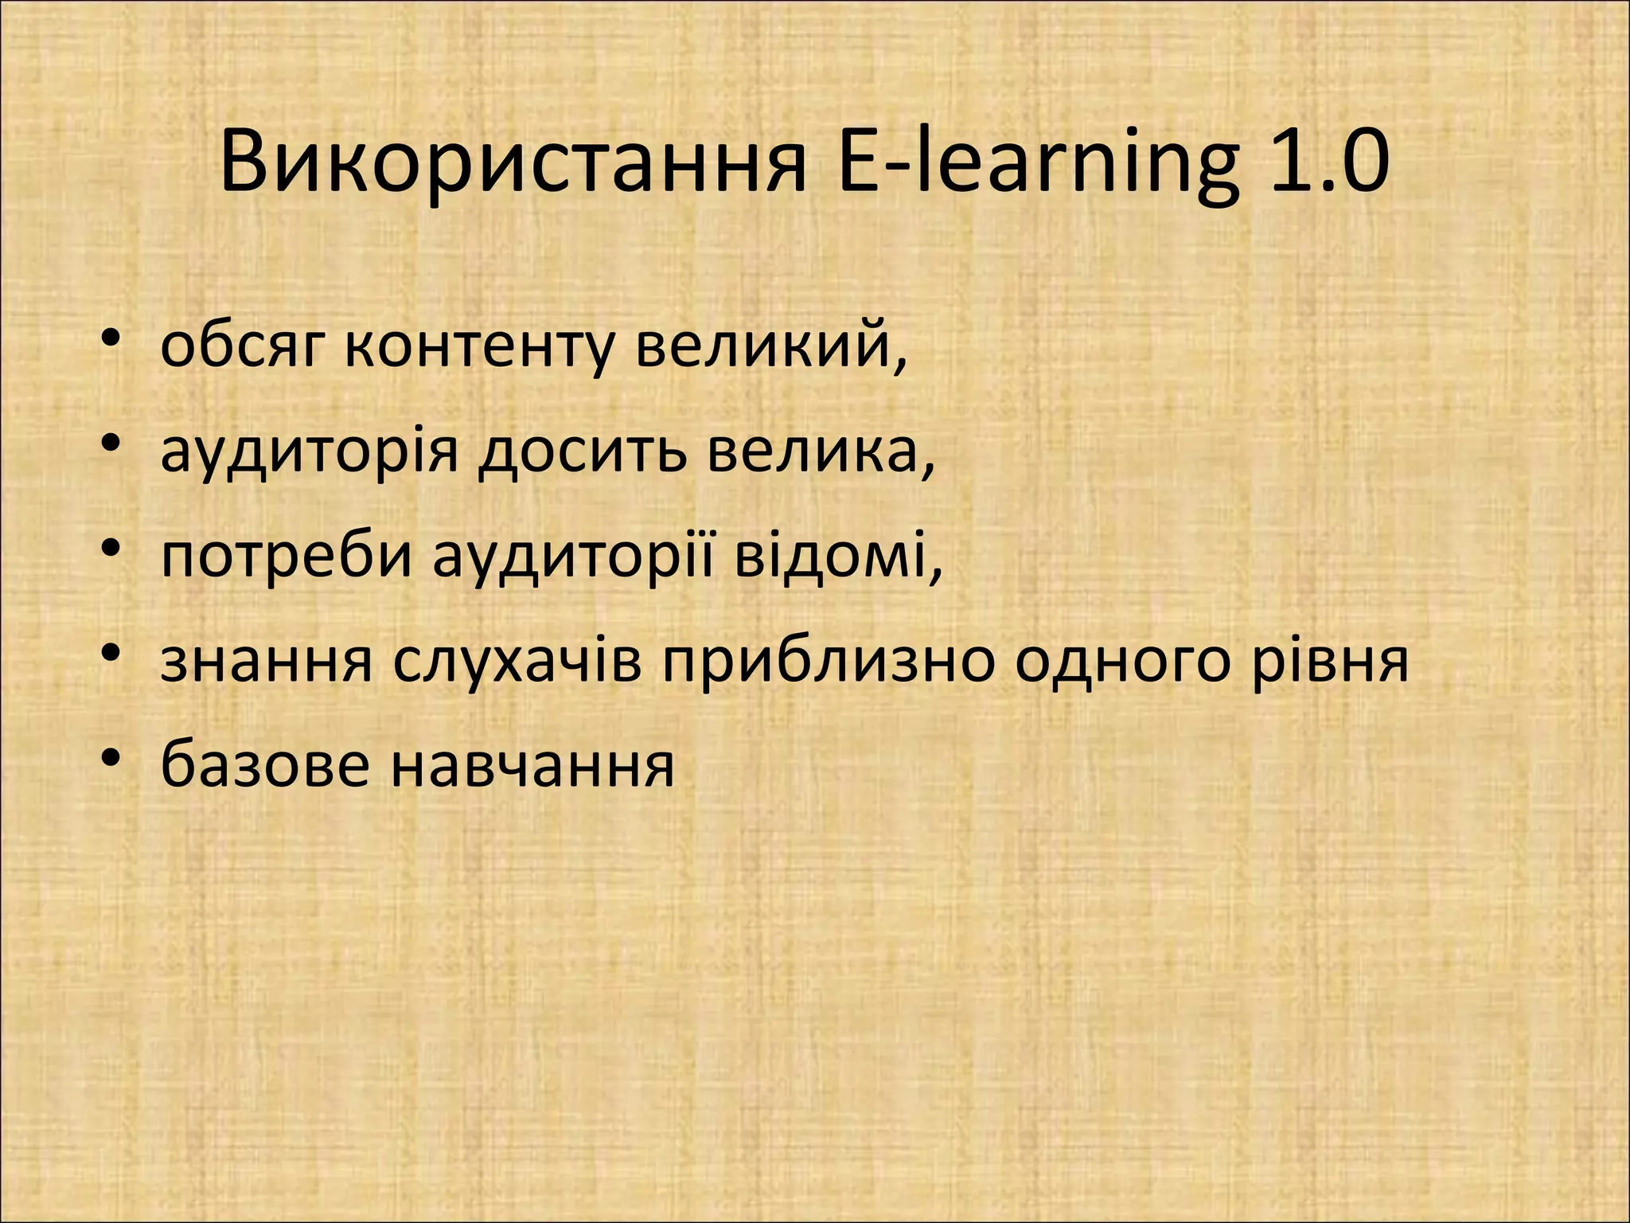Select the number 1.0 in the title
pos(1330,163)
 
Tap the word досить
pos(581,451)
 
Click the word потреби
pos(287,556)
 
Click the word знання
pos(267,661)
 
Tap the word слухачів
pos(517,661)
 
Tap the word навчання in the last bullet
pos(533,765)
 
